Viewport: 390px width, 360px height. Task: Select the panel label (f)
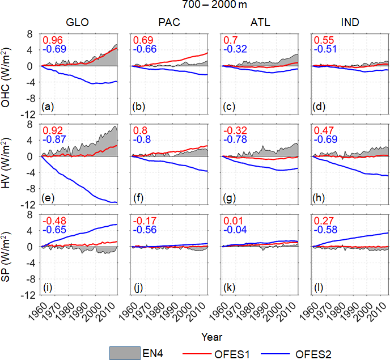coord(139,197)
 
